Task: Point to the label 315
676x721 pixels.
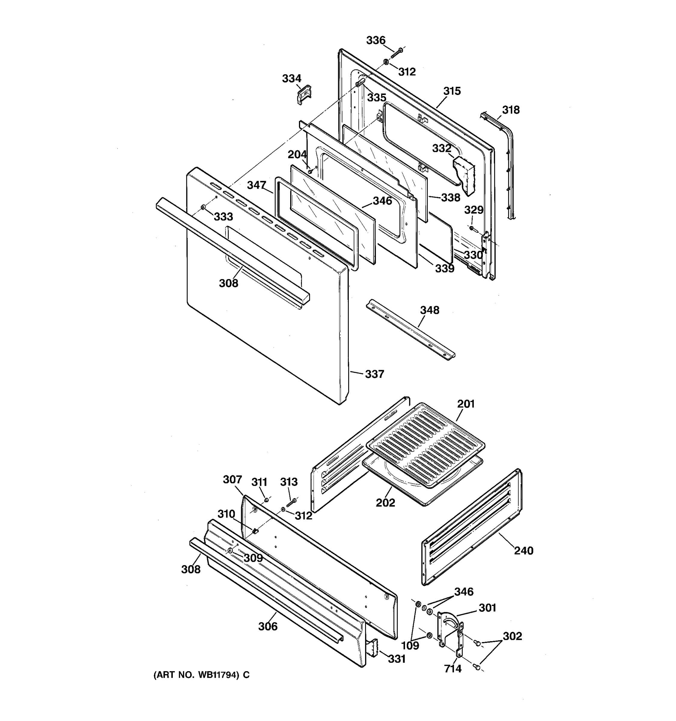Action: click(x=452, y=91)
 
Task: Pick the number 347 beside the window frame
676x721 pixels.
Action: click(x=257, y=185)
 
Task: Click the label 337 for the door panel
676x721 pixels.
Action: click(x=374, y=374)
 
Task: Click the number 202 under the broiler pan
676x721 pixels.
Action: click(x=385, y=503)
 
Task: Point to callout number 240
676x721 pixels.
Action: click(x=523, y=551)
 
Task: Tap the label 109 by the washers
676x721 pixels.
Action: click(x=410, y=646)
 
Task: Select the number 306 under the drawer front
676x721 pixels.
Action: click(x=268, y=626)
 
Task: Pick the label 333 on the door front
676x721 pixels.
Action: click(x=223, y=217)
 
